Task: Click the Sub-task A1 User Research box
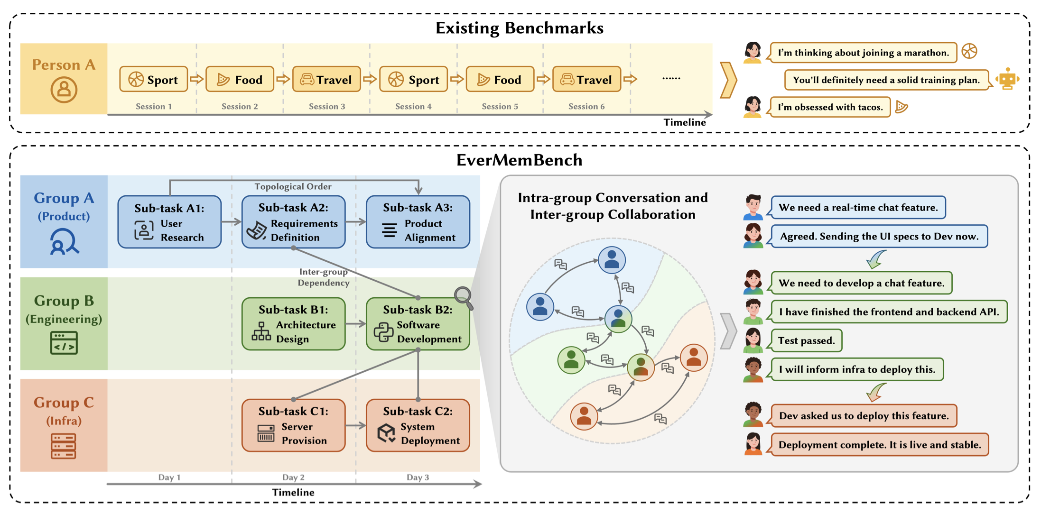(169, 222)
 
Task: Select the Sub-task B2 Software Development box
(418, 324)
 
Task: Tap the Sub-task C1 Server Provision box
(293, 425)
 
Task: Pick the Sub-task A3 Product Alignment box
(418, 222)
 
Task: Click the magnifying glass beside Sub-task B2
(463, 297)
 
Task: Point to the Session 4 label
(413, 107)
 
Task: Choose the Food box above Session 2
(240, 79)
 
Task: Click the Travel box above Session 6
(586, 79)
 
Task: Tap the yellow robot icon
(1007, 79)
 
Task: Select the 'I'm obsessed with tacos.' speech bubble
(830, 107)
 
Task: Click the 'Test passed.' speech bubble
(806, 340)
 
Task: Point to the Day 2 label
(293, 477)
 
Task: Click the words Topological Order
(293, 187)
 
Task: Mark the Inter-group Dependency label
(324, 277)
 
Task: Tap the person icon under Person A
(64, 90)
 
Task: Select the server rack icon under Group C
(64, 446)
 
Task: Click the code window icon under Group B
(64, 343)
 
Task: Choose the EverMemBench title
(519, 160)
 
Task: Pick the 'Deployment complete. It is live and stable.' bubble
(879, 445)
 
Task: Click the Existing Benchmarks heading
(519, 28)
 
